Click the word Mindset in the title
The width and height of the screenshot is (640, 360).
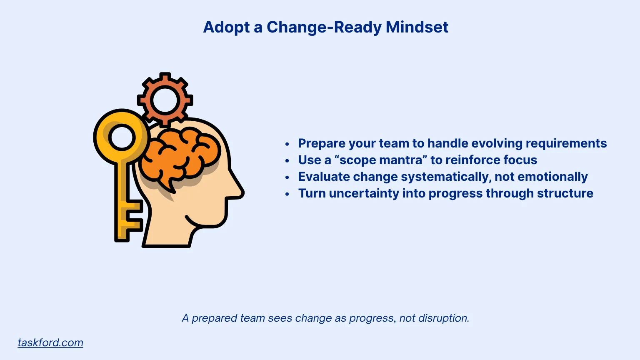point(417,27)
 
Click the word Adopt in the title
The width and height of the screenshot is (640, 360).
point(227,27)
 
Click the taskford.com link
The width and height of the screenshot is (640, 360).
point(50,342)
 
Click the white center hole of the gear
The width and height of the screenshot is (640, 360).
point(165,100)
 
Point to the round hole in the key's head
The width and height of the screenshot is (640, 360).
point(122,137)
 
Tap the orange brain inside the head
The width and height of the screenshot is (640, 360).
point(179,156)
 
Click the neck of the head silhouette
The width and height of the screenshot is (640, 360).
point(167,233)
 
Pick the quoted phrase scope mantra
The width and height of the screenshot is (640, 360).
point(381,160)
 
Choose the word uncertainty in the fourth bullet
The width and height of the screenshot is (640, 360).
point(364,193)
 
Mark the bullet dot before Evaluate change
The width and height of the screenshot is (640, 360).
point(287,177)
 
